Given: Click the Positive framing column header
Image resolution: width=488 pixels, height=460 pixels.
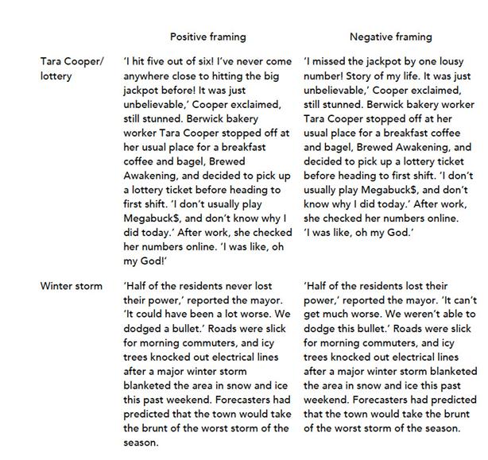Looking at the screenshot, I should (207, 37).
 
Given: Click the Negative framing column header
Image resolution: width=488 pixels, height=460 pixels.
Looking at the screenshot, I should (390, 37).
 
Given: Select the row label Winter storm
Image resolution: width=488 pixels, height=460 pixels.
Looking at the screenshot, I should (72, 285).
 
